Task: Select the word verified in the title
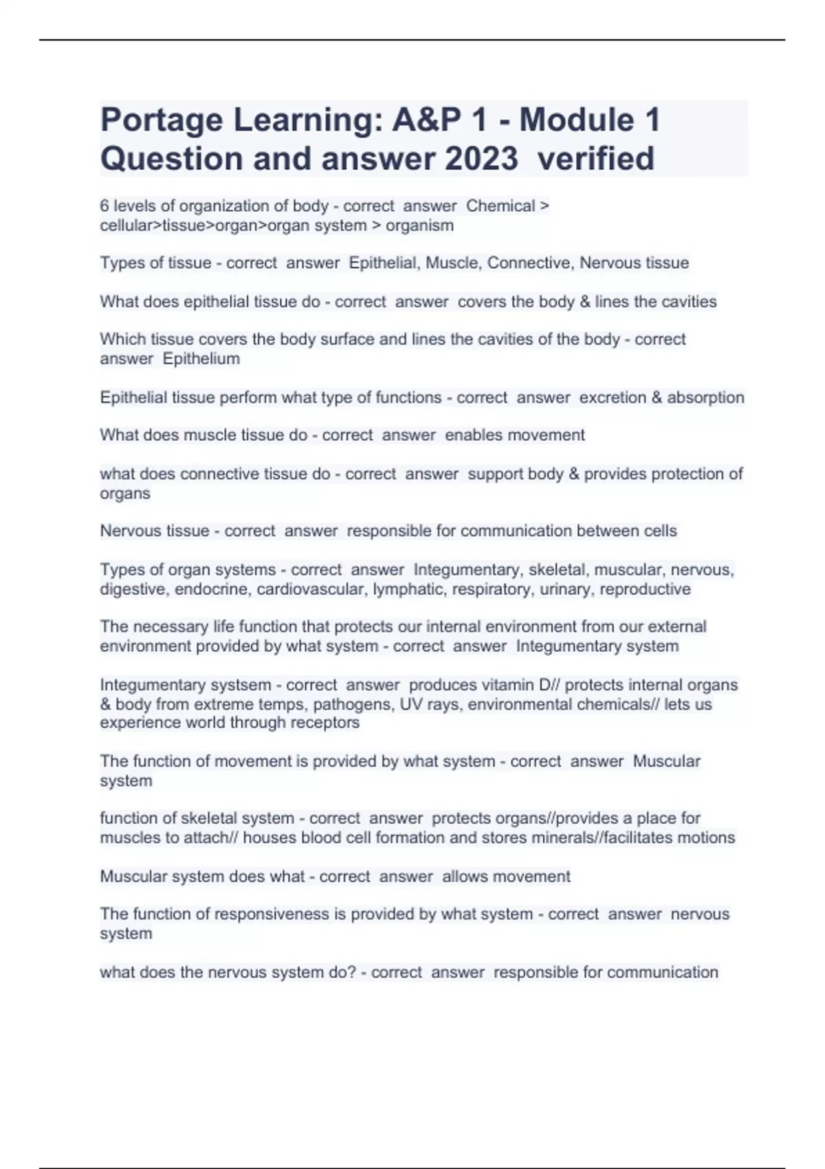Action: (595, 159)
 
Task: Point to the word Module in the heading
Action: (576, 120)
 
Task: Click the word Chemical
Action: (500, 206)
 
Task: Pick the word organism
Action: (419, 226)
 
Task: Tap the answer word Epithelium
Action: (201, 359)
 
